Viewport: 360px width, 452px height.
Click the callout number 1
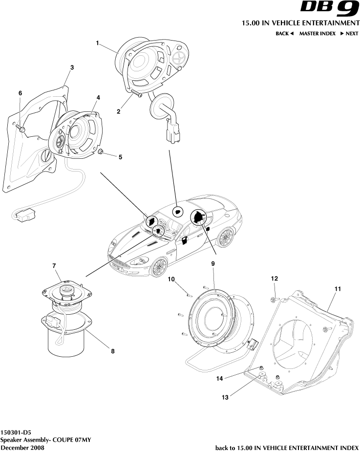(x=98, y=43)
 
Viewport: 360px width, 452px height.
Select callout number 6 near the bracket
(x=20, y=93)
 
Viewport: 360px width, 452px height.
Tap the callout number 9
(x=213, y=263)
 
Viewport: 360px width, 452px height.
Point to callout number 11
(x=337, y=289)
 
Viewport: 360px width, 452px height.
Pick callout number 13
(x=225, y=397)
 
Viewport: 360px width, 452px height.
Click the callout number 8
(x=113, y=351)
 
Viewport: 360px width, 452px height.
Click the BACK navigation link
(x=284, y=34)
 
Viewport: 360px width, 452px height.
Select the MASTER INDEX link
(x=317, y=34)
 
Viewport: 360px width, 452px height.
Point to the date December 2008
(x=22, y=447)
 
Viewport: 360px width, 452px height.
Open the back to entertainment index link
(x=287, y=447)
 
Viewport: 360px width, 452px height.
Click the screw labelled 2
(x=135, y=94)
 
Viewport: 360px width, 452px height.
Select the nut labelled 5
(x=100, y=153)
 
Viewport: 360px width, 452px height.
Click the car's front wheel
(x=159, y=267)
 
